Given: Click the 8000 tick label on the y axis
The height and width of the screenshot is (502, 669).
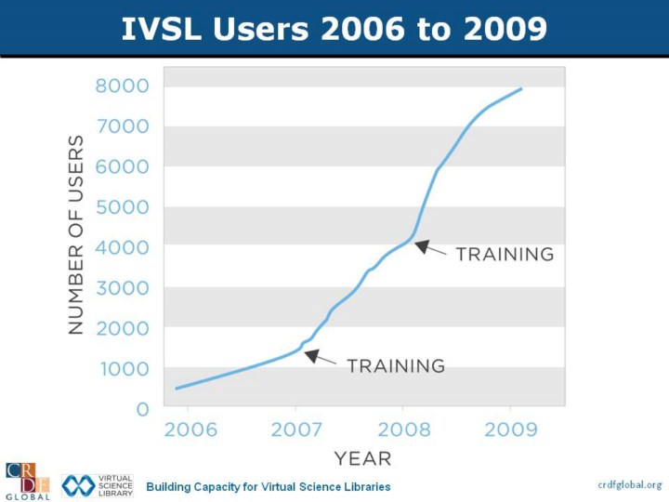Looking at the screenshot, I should (122, 86).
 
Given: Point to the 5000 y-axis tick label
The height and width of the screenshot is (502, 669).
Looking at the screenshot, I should (122, 207).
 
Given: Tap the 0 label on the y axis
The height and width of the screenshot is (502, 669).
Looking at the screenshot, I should (142, 409).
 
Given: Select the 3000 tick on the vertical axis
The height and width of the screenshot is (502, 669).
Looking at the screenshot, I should (122, 288).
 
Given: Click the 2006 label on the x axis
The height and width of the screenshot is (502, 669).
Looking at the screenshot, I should (190, 429).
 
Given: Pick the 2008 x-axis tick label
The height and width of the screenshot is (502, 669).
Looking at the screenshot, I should (404, 429).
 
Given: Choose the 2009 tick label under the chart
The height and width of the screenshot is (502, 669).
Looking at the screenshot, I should (511, 429).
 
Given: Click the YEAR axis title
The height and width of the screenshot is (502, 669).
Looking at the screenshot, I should (362, 458).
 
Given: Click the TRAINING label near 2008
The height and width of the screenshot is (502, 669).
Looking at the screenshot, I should (505, 254).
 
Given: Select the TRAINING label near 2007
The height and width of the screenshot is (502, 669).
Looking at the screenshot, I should (396, 365).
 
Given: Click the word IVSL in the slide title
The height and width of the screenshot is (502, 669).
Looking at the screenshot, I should (165, 30).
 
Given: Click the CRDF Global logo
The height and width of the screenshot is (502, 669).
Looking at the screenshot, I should (28, 481).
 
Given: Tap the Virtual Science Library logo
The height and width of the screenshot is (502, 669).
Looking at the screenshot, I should (98, 485).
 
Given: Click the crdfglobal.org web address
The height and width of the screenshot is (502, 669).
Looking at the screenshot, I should (629, 484).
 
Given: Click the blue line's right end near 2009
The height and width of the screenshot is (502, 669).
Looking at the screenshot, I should (521, 89).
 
